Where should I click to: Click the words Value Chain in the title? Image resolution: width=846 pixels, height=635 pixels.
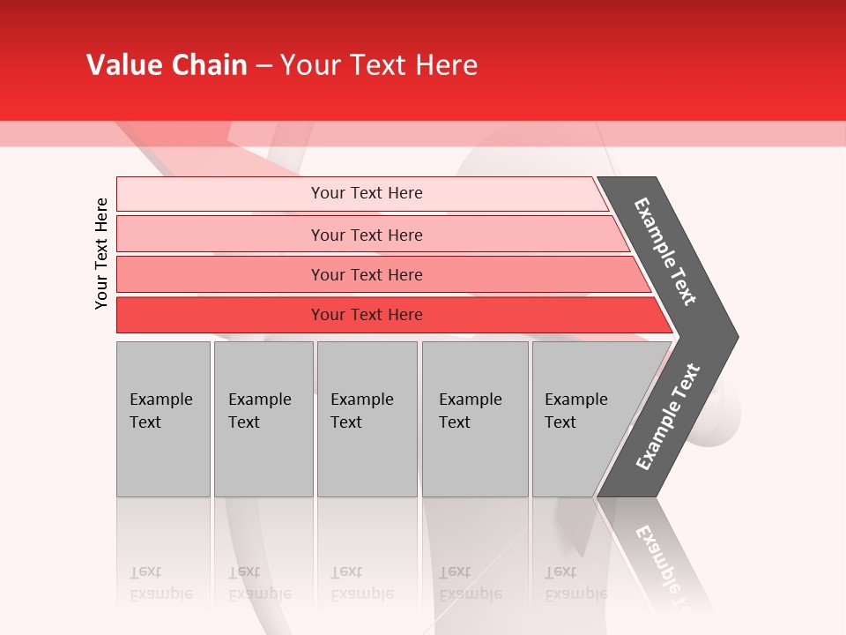click(167, 65)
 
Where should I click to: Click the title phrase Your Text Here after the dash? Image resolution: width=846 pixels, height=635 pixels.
click(379, 65)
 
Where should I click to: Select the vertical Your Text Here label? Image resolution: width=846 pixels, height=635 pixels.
click(102, 253)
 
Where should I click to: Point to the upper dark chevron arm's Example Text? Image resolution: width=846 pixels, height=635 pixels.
click(665, 251)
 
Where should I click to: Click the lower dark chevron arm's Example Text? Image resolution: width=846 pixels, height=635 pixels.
click(667, 417)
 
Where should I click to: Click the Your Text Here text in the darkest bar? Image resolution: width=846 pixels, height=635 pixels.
click(367, 315)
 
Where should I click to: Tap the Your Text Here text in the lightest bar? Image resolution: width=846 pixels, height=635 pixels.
click(367, 193)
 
